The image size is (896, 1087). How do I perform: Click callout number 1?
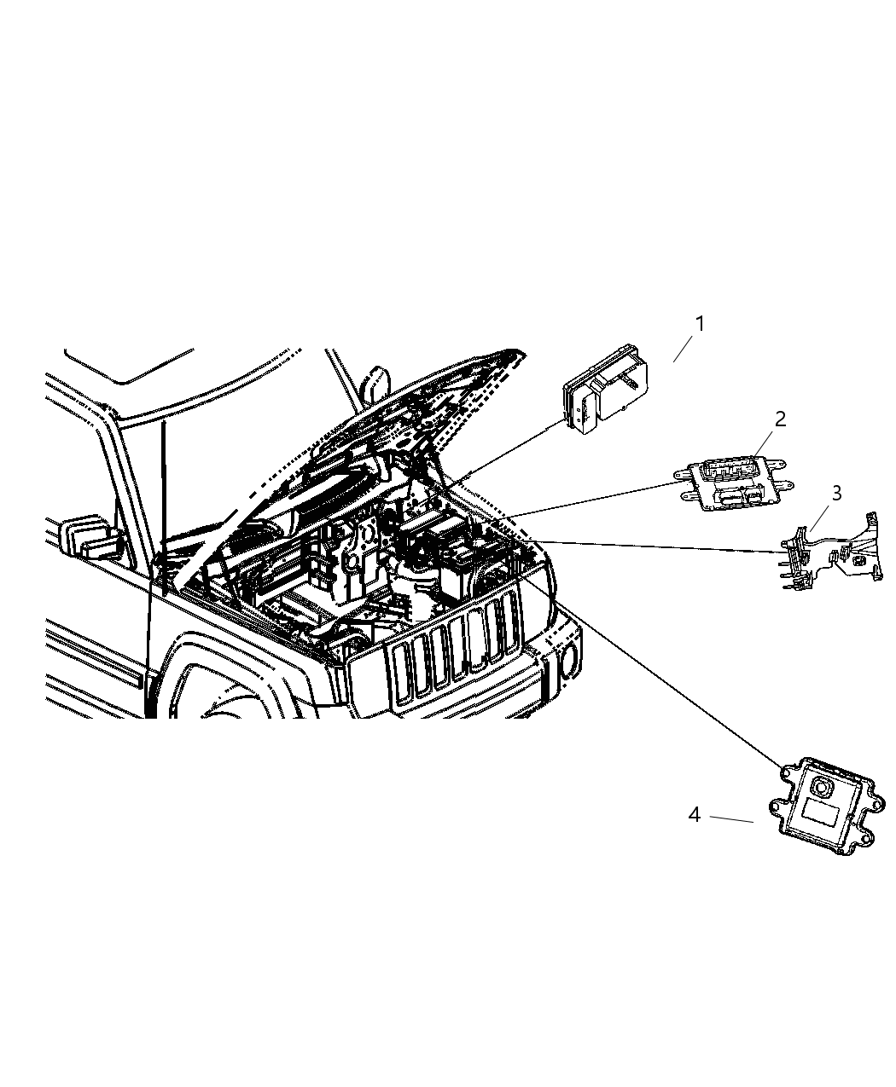(700, 324)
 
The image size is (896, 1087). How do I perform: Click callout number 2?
(780, 419)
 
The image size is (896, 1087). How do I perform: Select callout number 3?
(836, 493)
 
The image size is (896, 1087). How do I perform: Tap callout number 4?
(695, 815)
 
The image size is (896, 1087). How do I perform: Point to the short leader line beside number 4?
(731, 818)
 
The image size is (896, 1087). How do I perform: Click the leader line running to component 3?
(657, 547)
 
